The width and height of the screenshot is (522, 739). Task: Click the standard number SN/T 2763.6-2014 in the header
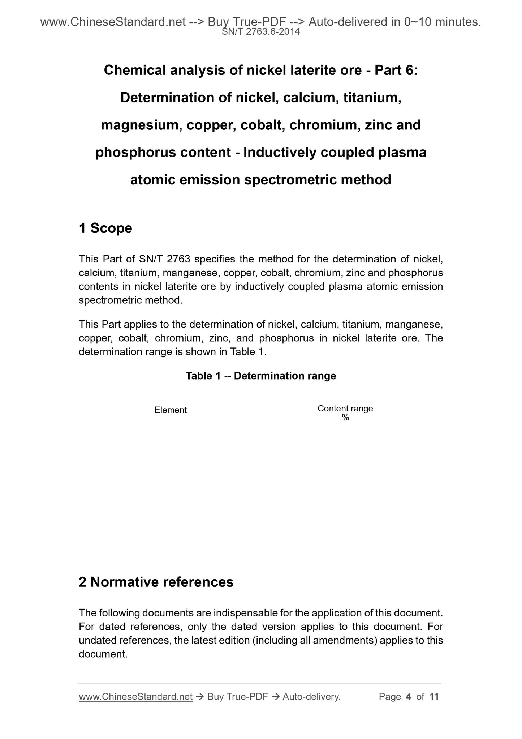point(260,32)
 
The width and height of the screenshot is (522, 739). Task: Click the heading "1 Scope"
point(105,228)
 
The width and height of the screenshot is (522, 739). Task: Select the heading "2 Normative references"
point(156,582)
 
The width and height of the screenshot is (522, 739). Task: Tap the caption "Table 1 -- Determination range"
point(261,376)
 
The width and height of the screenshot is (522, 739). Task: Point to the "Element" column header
point(171,410)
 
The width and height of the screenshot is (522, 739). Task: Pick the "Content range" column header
point(345,409)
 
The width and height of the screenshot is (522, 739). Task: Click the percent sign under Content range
point(345,418)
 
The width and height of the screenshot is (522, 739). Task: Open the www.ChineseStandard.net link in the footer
point(135,696)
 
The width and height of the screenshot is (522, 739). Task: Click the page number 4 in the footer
point(409,696)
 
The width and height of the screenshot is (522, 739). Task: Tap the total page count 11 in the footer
point(434,696)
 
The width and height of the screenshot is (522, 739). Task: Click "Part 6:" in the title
point(396,70)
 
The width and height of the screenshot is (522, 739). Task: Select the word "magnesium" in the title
point(136,125)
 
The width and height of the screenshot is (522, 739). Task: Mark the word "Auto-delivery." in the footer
point(311,696)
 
